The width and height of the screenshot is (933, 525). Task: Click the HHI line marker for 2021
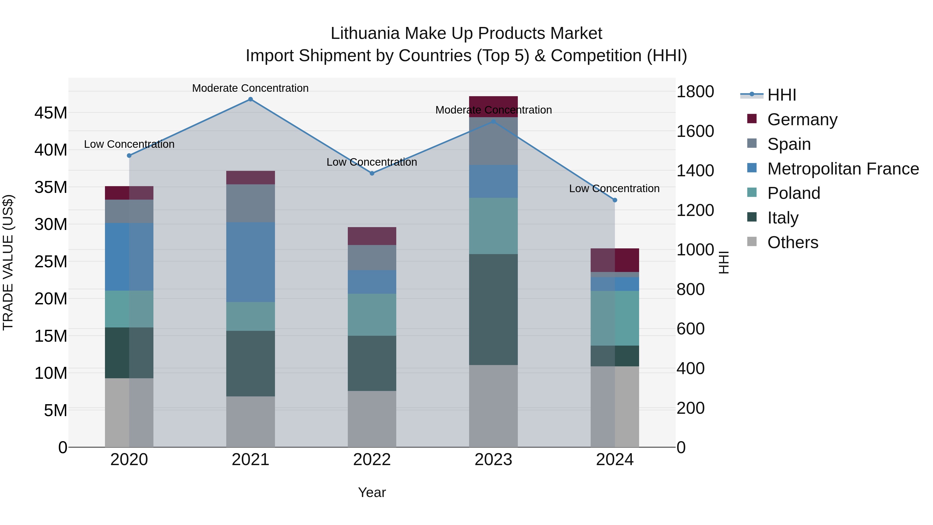tap(250, 99)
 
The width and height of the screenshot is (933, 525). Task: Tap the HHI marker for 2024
tap(615, 200)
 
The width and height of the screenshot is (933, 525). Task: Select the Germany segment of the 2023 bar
tap(493, 107)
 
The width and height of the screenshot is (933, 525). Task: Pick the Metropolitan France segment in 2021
tap(250, 262)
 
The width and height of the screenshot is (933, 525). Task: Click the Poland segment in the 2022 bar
tap(372, 314)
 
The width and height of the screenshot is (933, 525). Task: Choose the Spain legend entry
tap(789, 144)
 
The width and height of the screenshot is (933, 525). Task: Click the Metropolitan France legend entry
tap(843, 169)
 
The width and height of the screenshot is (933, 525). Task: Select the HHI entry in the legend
tap(782, 95)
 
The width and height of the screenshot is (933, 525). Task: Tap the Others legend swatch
tap(752, 242)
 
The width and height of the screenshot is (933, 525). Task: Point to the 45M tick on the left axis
tap(51, 113)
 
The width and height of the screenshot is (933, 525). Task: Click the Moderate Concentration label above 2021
tap(250, 88)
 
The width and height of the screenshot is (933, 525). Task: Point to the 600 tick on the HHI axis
tap(690, 329)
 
